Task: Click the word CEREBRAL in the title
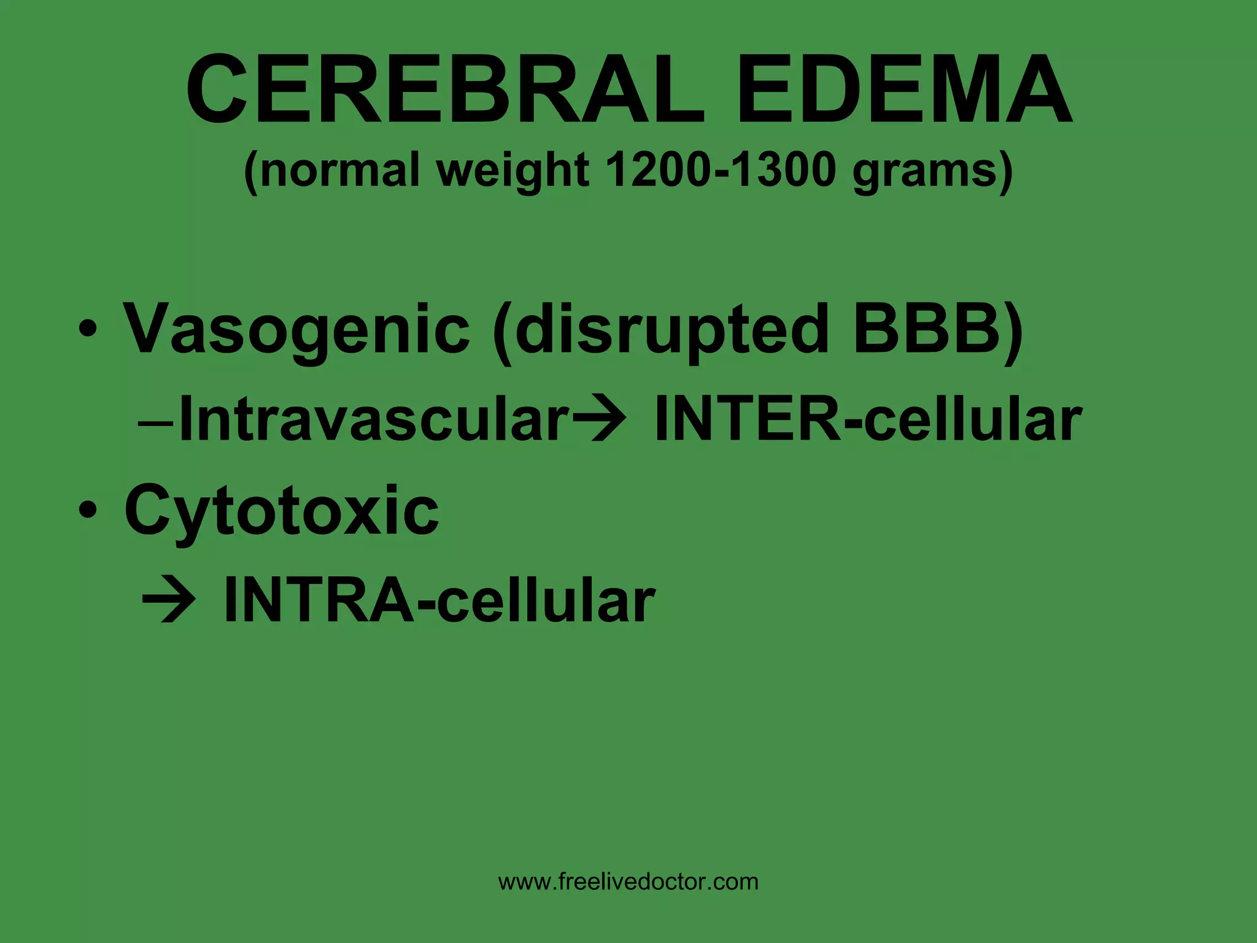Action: [x=444, y=90]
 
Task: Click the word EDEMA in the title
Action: [x=905, y=90]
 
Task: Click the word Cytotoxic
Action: [x=282, y=511]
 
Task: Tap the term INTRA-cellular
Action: [x=439, y=600]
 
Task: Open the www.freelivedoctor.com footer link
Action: [x=628, y=882]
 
